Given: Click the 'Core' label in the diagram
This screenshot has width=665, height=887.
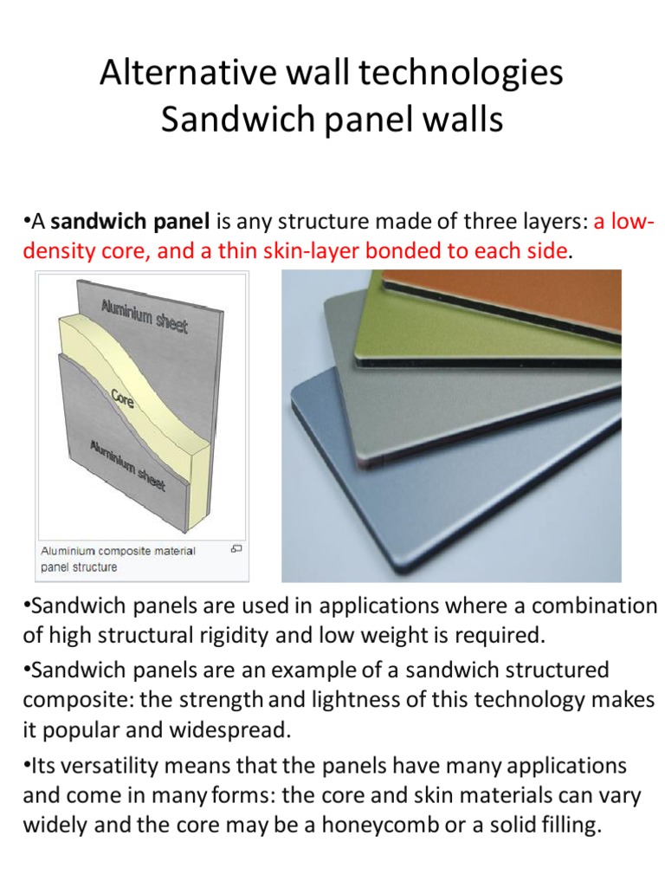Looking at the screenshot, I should pos(122,399).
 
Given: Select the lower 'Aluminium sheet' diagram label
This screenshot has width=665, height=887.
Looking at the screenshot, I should pos(127,465).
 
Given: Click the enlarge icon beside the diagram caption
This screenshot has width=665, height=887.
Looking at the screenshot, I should pos(236,549).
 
